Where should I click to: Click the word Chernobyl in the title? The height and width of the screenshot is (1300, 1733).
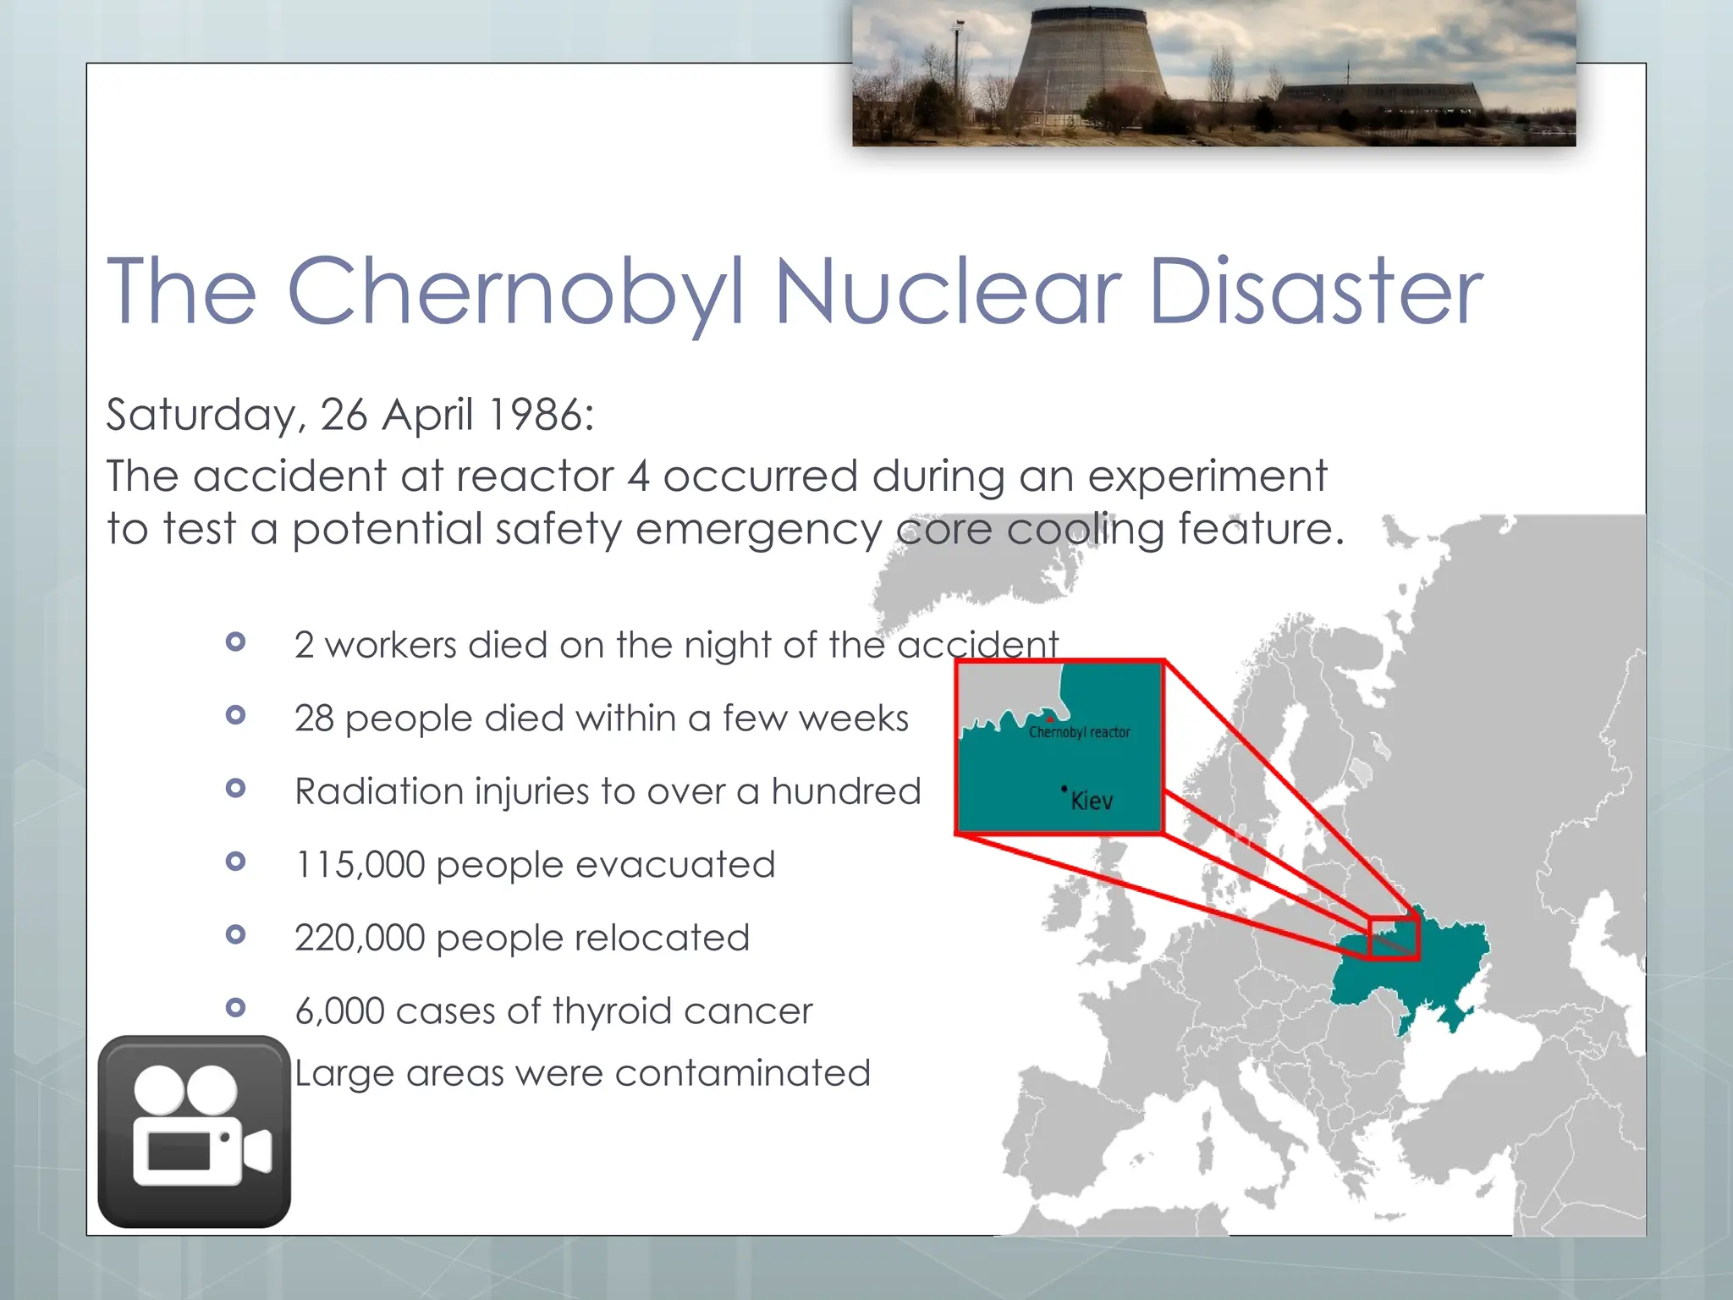(516, 292)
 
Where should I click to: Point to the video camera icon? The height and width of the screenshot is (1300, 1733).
(195, 1132)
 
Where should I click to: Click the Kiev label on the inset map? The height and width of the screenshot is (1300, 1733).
(1092, 801)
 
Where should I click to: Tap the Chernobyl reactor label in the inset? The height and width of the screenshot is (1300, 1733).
(1079, 732)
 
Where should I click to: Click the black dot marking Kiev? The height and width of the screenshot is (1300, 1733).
(1064, 789)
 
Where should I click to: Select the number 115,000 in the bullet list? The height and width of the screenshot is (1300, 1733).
(360, 865)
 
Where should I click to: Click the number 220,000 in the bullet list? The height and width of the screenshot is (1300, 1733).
(360, 938)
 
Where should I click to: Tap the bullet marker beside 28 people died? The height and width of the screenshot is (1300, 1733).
(236, 716)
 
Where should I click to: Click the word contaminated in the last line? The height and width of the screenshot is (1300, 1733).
(742, 1073)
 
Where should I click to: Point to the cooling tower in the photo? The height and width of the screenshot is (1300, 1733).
(1092, 68)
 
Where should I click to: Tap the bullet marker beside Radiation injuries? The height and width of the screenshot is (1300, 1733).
(236, 789)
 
